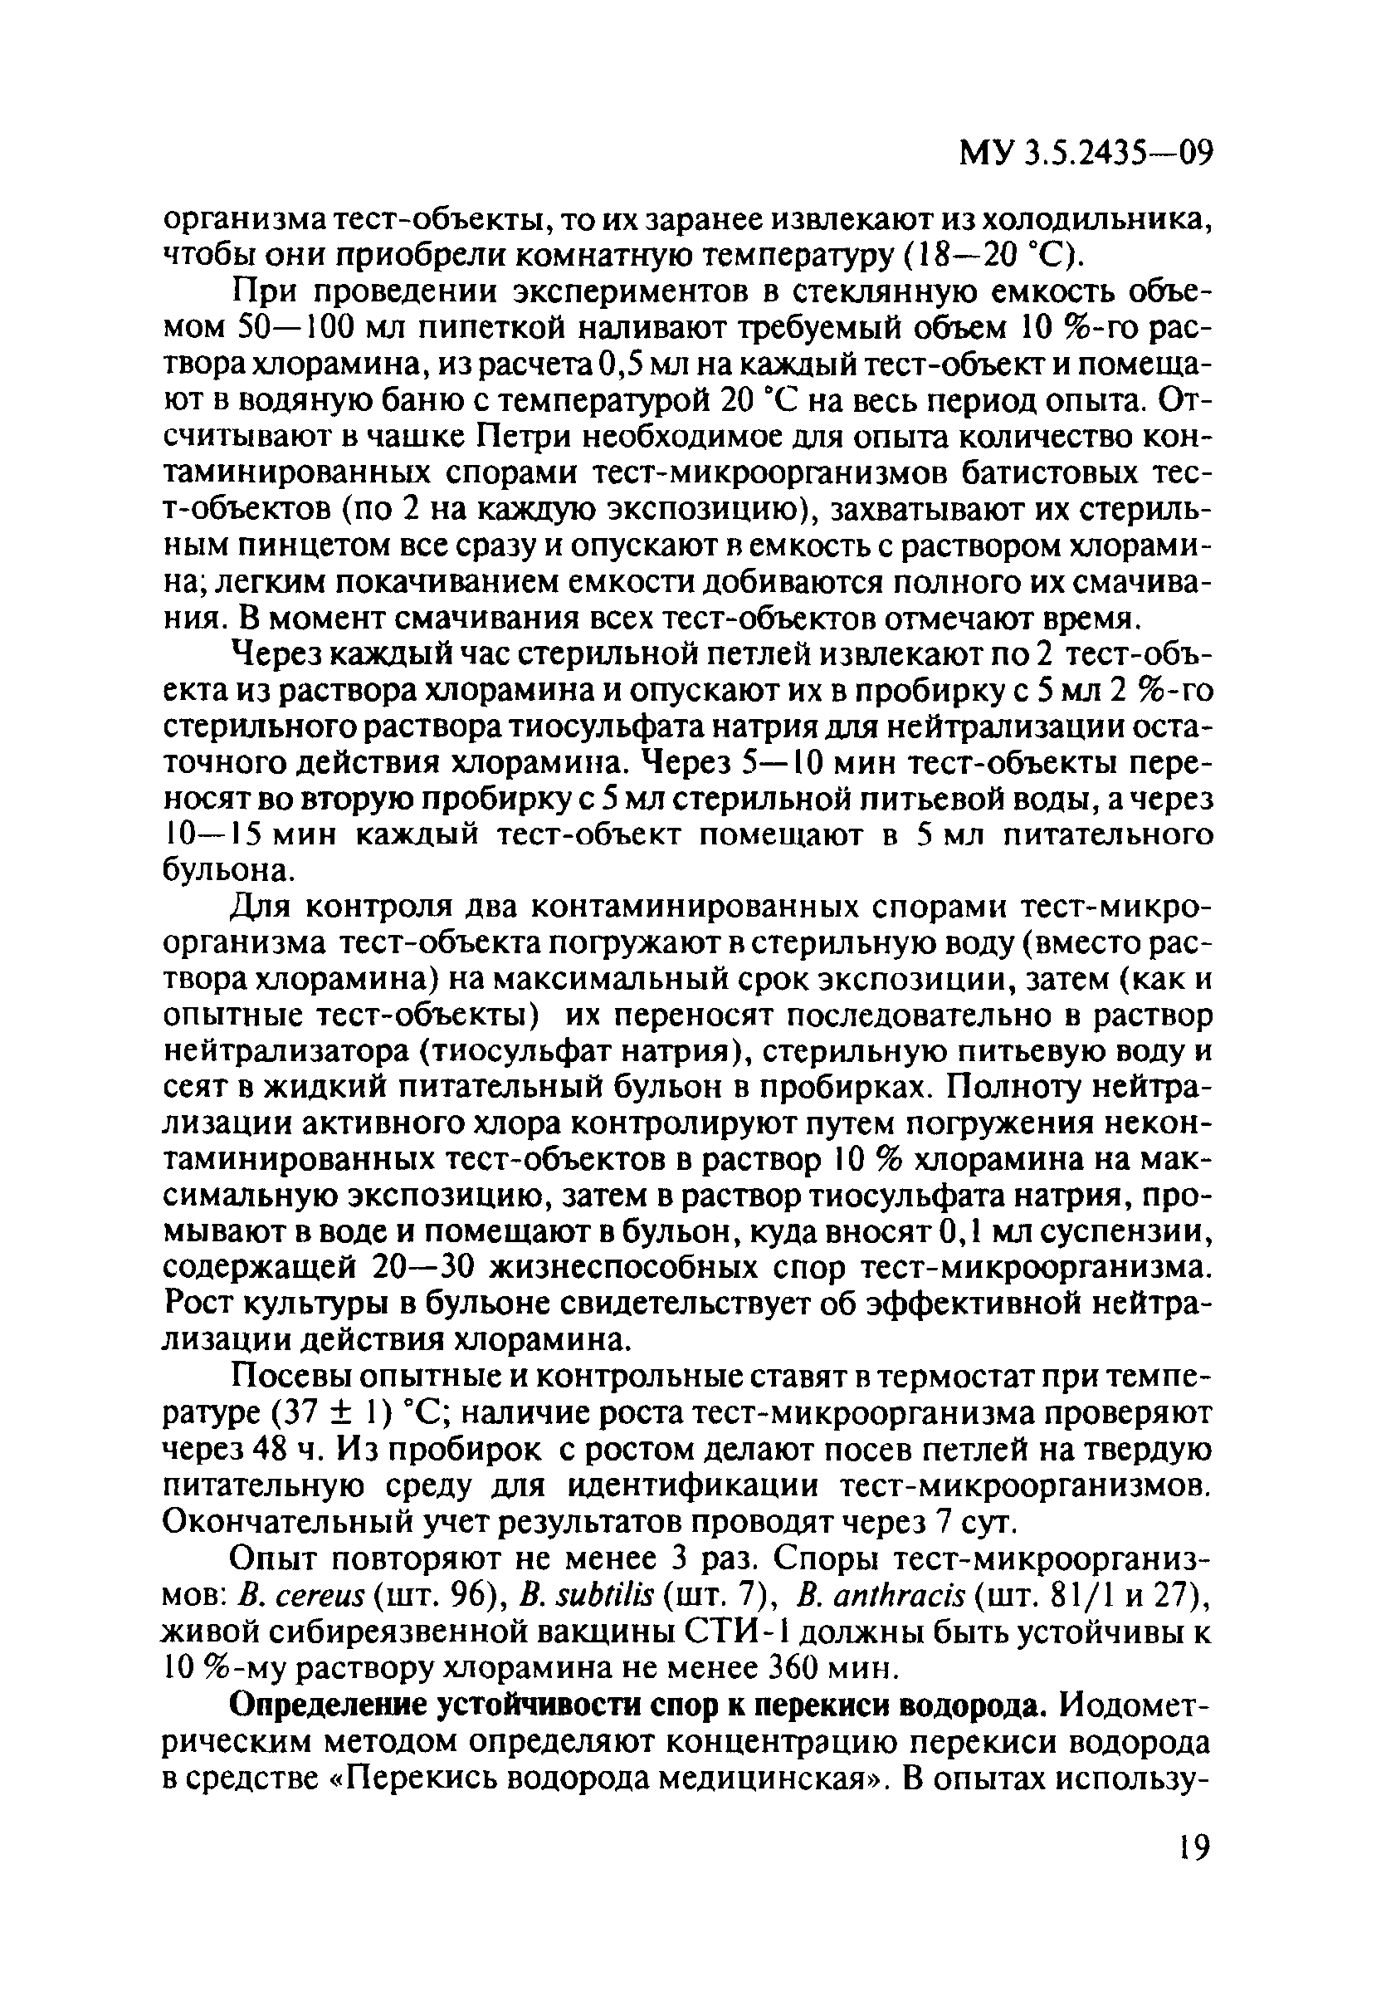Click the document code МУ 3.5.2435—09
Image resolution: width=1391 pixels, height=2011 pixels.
(x=1085, y=154)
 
